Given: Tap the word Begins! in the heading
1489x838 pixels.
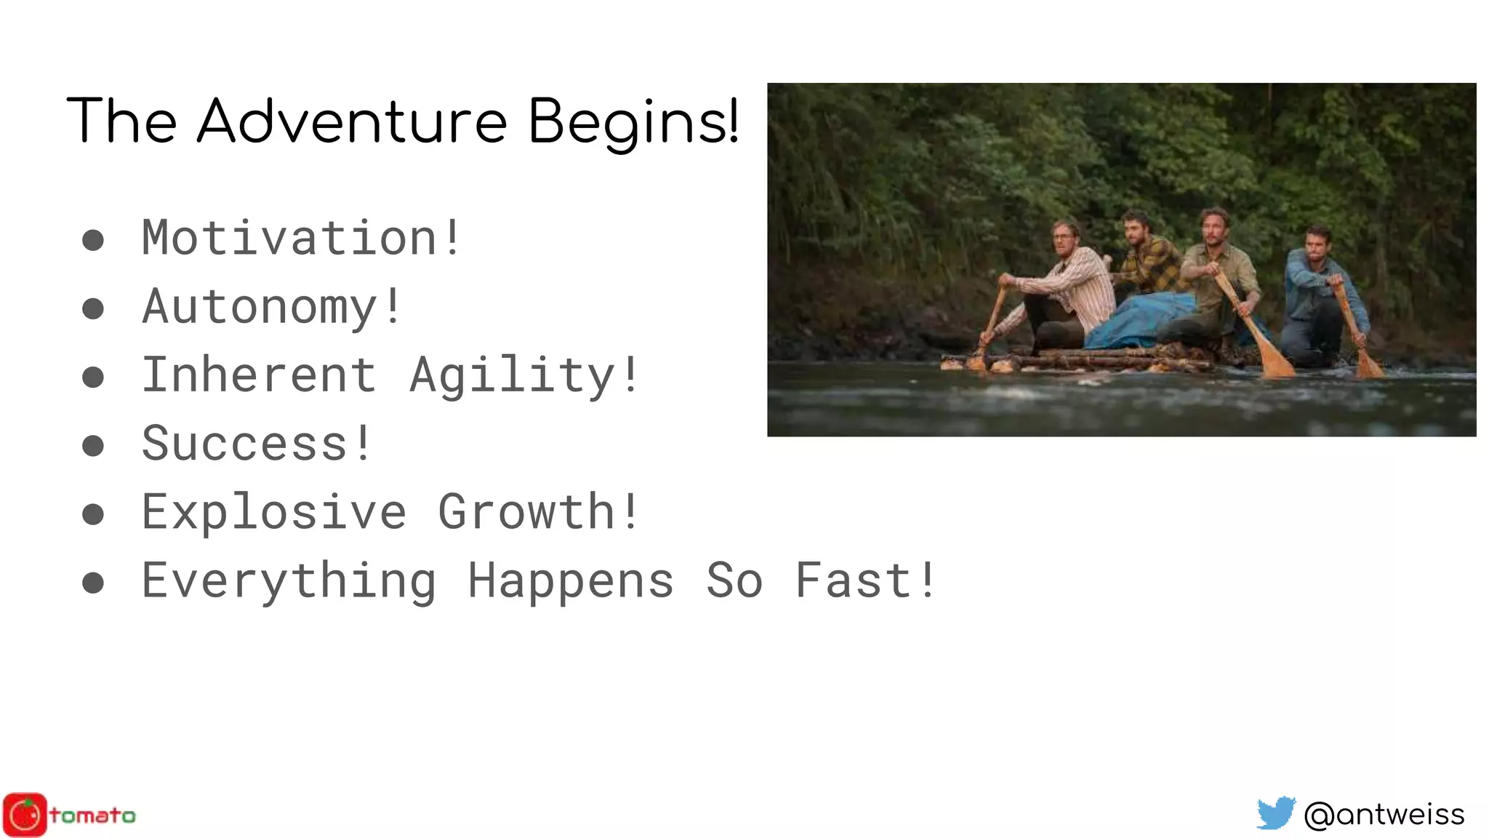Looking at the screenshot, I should click(x=633, y=122).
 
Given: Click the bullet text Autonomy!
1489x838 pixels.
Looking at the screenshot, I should click(x=271, y=306).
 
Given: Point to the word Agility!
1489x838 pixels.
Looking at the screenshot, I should click(x=523, y=375).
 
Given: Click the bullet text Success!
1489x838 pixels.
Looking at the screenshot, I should click(x=256, y=443).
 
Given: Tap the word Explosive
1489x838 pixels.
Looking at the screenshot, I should click(x=273, y=512).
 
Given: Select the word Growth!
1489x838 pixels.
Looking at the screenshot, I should click(x=538, y=511).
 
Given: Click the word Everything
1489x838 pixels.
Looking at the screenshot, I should click(x=289, y=580).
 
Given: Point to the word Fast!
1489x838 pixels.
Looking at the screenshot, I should click(x=865, y=580).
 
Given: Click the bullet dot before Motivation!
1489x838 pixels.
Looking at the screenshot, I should click(x=93, y=240).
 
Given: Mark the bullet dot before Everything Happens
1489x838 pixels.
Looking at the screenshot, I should click(x=93, y=583).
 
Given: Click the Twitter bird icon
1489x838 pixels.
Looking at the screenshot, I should click(x=1276, y=813).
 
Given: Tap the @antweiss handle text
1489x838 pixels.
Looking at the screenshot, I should click(x=1384, y=814).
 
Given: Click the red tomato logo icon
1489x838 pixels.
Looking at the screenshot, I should click(x=25, y=815).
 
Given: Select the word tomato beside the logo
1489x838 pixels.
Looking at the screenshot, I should click(x=92, y=815).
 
